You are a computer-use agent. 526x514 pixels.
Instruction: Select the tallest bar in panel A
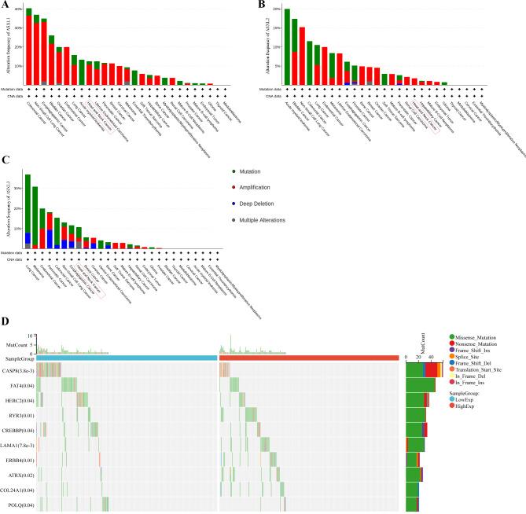tap(29, 47)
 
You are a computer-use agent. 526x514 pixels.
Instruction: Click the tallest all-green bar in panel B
tap(287, 47)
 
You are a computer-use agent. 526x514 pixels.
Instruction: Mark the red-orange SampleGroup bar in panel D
tap(310, 358)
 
